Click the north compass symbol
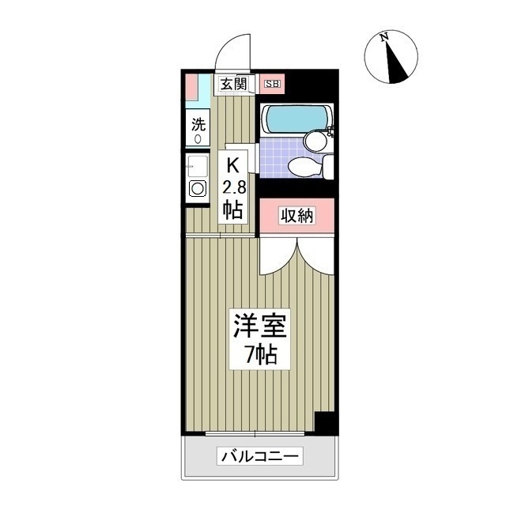(391, 57)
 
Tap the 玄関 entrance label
(233, 83)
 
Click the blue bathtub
(293, 118)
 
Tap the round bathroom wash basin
(316, 141)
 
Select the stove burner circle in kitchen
(197, 189)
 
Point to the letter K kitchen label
(233, 166)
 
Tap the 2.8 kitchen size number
(233, 187)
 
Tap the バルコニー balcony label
(260, 456)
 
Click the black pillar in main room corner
(325, 422)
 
